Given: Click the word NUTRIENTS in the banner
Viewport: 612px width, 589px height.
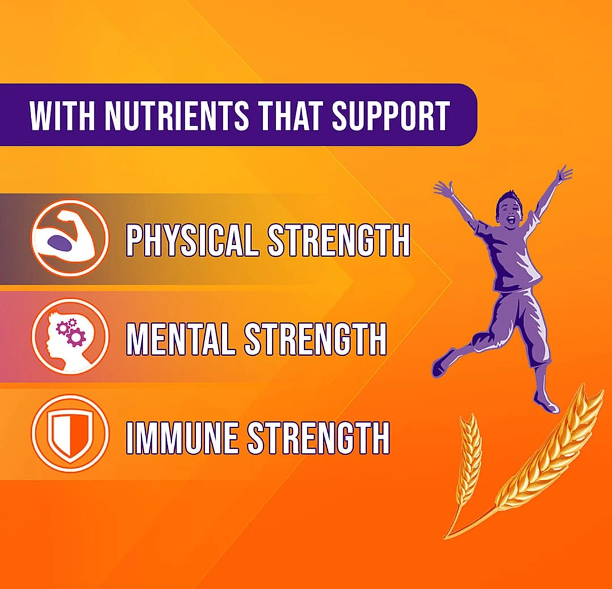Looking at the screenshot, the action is point(177,116).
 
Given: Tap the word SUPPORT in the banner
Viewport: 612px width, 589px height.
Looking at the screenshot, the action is point(391,116).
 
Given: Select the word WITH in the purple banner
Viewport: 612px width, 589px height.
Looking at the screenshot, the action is point(62,116).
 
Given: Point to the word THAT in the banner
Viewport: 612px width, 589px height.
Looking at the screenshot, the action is point(291,116).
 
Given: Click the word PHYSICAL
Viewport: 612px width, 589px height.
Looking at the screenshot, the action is point(192,240).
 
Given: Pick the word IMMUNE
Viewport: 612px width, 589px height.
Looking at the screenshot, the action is point(182,438).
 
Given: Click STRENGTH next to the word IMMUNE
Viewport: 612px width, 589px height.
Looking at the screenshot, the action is point(319,438).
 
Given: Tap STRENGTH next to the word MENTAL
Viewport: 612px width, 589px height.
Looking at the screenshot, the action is point(316,339).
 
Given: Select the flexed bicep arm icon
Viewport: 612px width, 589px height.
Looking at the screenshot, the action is point(69,238).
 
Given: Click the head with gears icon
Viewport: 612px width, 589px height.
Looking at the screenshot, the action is point(70,337).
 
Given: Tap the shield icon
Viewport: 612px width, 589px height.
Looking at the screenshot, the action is point(70,434).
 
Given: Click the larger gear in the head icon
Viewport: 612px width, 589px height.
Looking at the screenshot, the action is point(75,336).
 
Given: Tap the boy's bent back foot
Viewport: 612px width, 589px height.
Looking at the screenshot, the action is point(442,363).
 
